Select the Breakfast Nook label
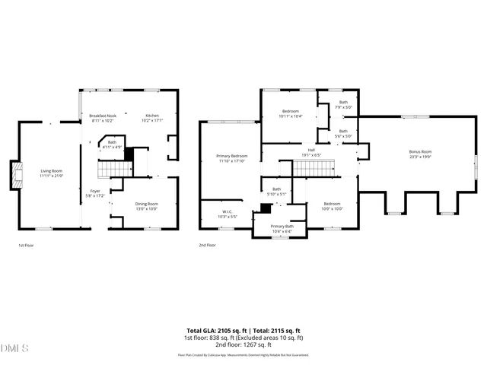pos(103,116)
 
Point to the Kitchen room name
pos(153,116)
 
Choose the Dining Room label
pos(146,204)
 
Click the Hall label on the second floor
pos(310,150)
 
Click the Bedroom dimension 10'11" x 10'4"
pos(291,116)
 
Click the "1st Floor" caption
pos(27,246)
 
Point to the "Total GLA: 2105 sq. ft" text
pos(213,331)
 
